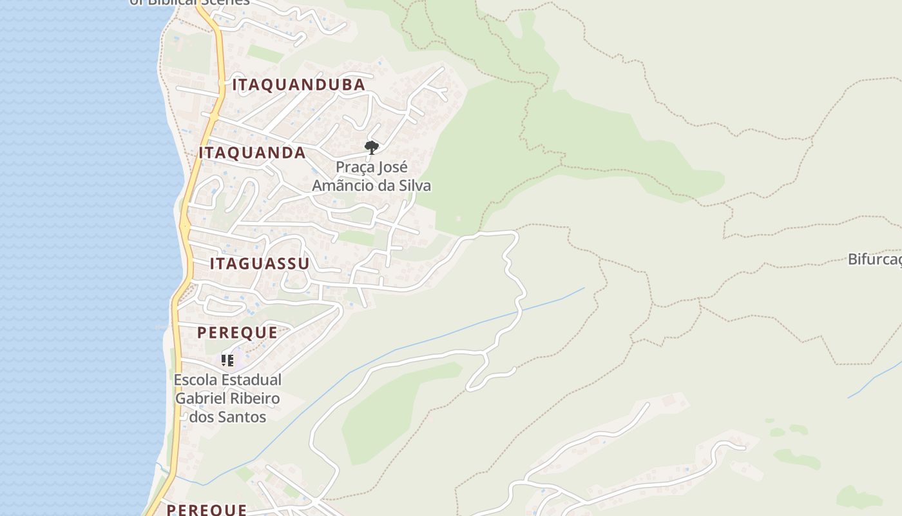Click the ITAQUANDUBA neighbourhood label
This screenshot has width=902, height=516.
tap(298, 85)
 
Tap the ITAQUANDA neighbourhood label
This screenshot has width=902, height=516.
tap(252, 153)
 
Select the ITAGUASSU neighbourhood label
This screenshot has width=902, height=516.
tap(260, 264)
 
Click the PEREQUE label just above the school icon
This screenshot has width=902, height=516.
tap(237, 333)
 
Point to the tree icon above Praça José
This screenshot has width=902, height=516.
tap(371, 148)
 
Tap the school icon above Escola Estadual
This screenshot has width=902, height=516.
tap(227, 361)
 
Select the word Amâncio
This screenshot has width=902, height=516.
tap(341, 186)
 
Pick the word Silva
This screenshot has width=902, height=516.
tap(415, 186)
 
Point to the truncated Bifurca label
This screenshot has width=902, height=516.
tap(874, 259)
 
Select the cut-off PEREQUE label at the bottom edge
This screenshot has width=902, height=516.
tap(206, 510)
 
